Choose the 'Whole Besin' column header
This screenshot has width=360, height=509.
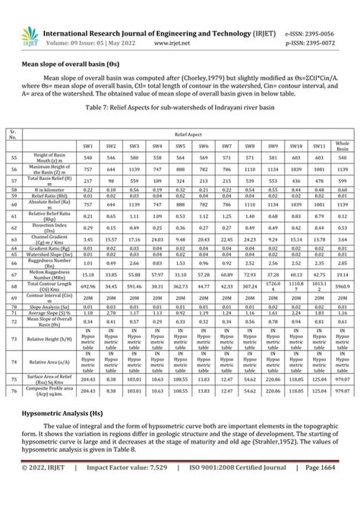coord(343,146)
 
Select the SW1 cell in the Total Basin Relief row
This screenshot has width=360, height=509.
coord(87,180)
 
